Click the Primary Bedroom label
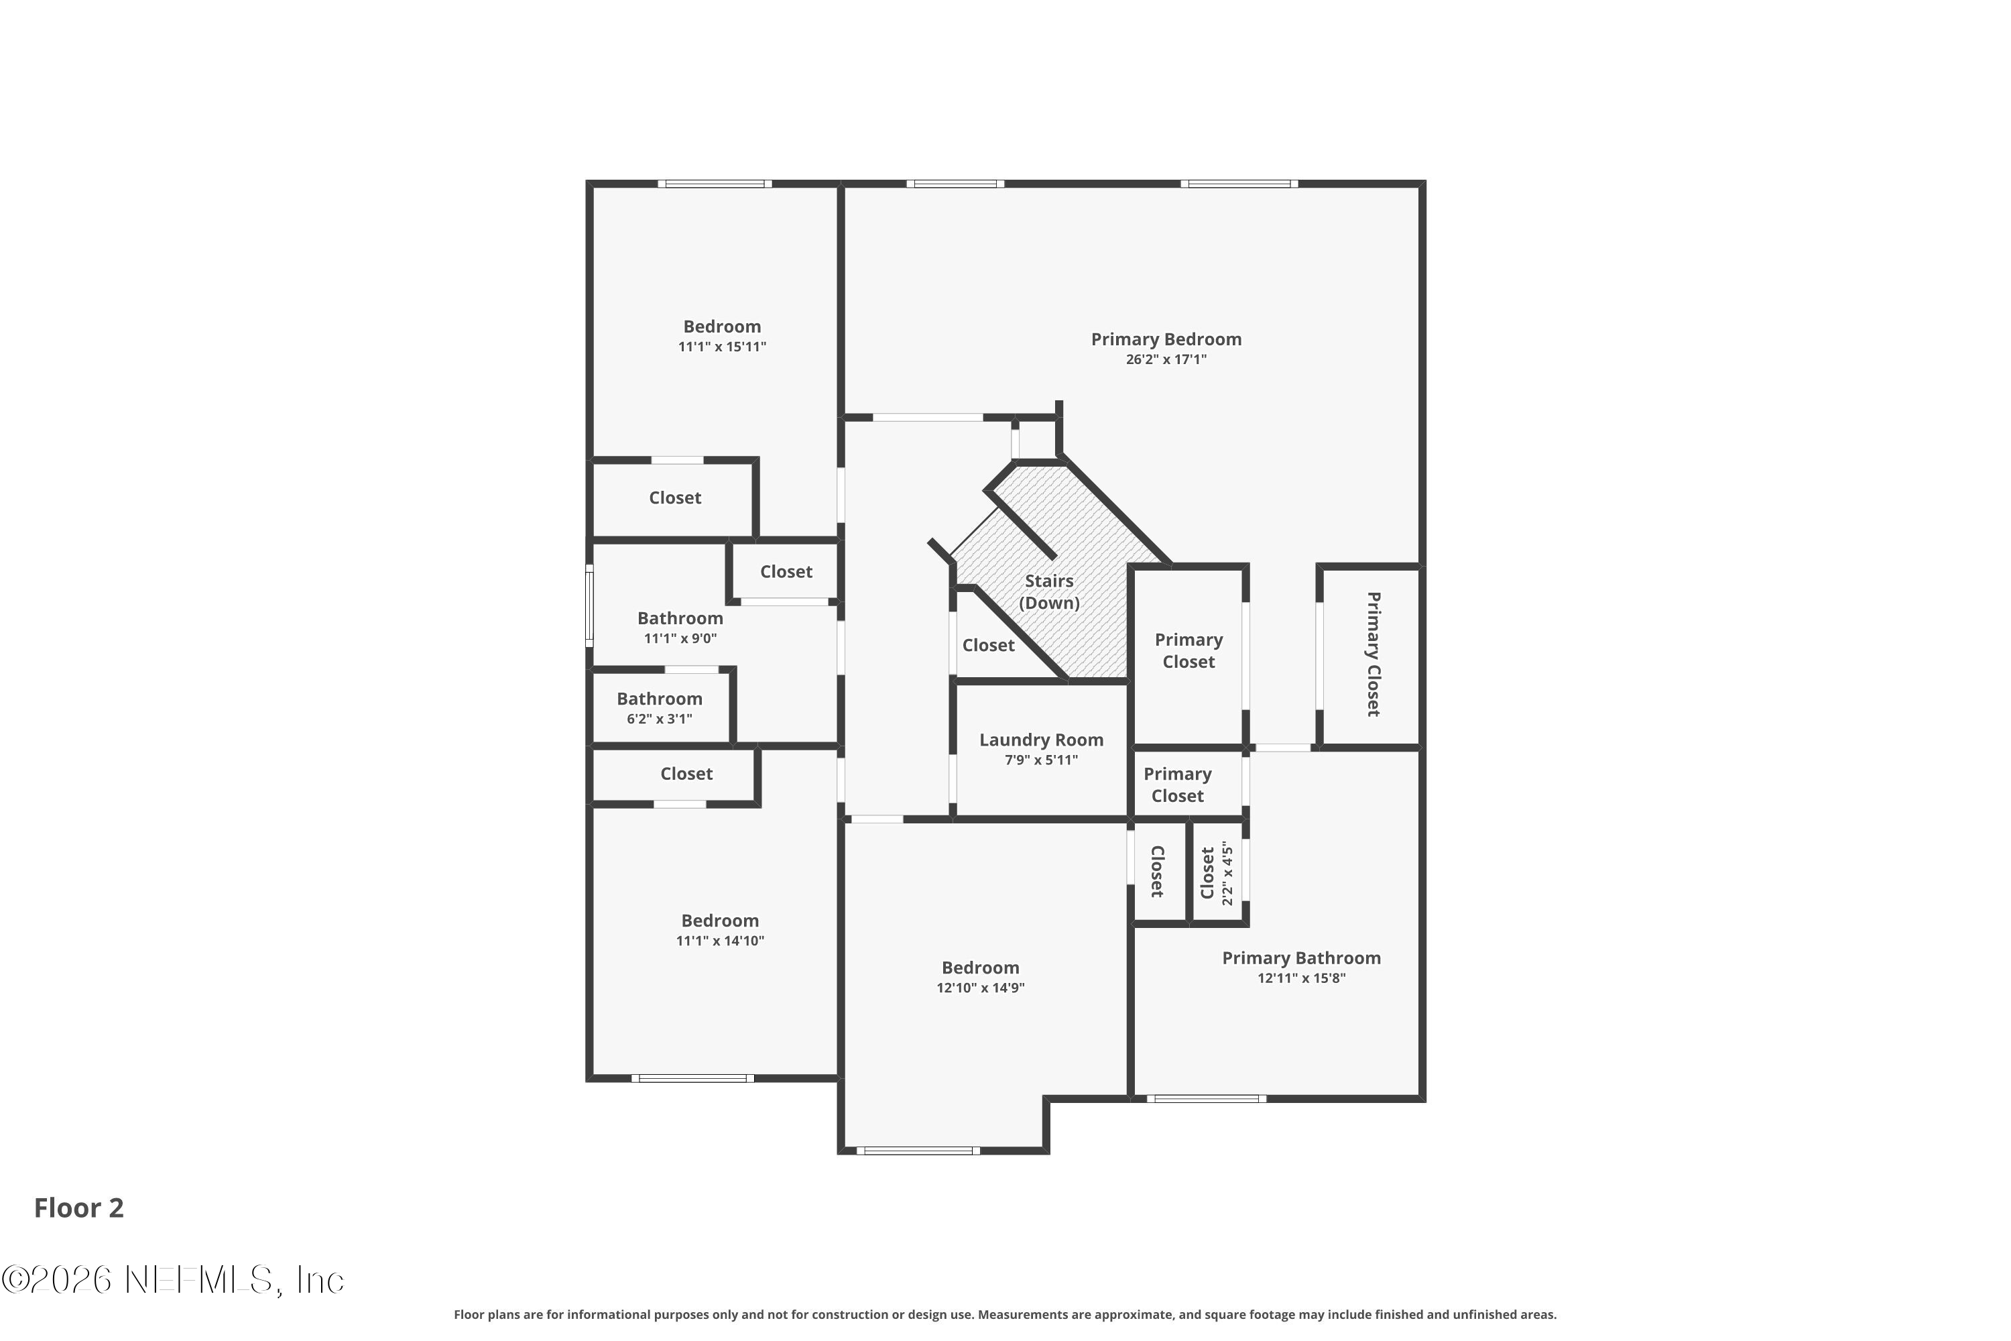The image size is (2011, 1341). pyautogui.click(x=1166, y=339)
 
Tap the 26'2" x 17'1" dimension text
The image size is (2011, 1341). pyautogui.click(x=1166, y=359)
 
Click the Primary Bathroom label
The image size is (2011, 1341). pyautogui.click(x=1300, y=958)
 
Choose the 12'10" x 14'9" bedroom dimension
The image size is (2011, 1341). pyautogui.click(x=980, y=988)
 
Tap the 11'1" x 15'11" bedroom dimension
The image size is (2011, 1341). pyautogui.click(x=722, y=347)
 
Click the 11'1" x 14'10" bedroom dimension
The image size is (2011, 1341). pyautogui.click(x=720, y=941)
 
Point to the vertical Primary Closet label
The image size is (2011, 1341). pyautogui.click(x=1373, y=654)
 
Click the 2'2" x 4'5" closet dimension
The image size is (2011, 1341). pyautogui.click(x=1228, y=873)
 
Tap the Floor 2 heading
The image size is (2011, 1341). pyautogui.click(x=78, y=1208)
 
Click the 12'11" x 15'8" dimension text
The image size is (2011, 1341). pyautogui.click(x=1300, y=978)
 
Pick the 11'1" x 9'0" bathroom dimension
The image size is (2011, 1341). pyautogui.click(x=680, y=639)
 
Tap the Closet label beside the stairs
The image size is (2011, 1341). pyautogui.click(x=988, y=646)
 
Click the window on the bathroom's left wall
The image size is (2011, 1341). pyautogui.click(x=589, y=605)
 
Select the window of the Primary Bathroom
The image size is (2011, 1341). pyautogui.click(x=1207, y=1099)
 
